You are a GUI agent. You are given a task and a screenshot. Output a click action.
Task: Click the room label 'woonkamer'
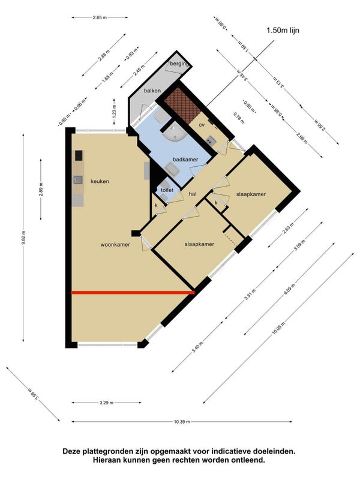[x=116, y=245]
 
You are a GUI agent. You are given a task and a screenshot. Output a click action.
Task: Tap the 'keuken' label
[x=100, y=181]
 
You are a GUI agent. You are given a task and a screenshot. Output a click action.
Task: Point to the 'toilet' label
[x=167, y=190]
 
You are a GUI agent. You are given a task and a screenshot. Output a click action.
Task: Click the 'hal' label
[x=193, y=194]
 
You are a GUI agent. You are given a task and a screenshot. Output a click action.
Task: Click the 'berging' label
[x=179, y=64]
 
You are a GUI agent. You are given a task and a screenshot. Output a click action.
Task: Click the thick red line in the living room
[x=133, y=293]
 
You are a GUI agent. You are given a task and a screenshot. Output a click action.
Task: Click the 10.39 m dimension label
[x=182, y=422]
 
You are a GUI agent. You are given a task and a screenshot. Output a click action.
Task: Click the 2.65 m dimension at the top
[x=101, y=17]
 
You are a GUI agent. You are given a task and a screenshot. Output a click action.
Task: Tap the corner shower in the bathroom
[x=175, y=135]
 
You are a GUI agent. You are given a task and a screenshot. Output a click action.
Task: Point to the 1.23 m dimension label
[x=114, y=111]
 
